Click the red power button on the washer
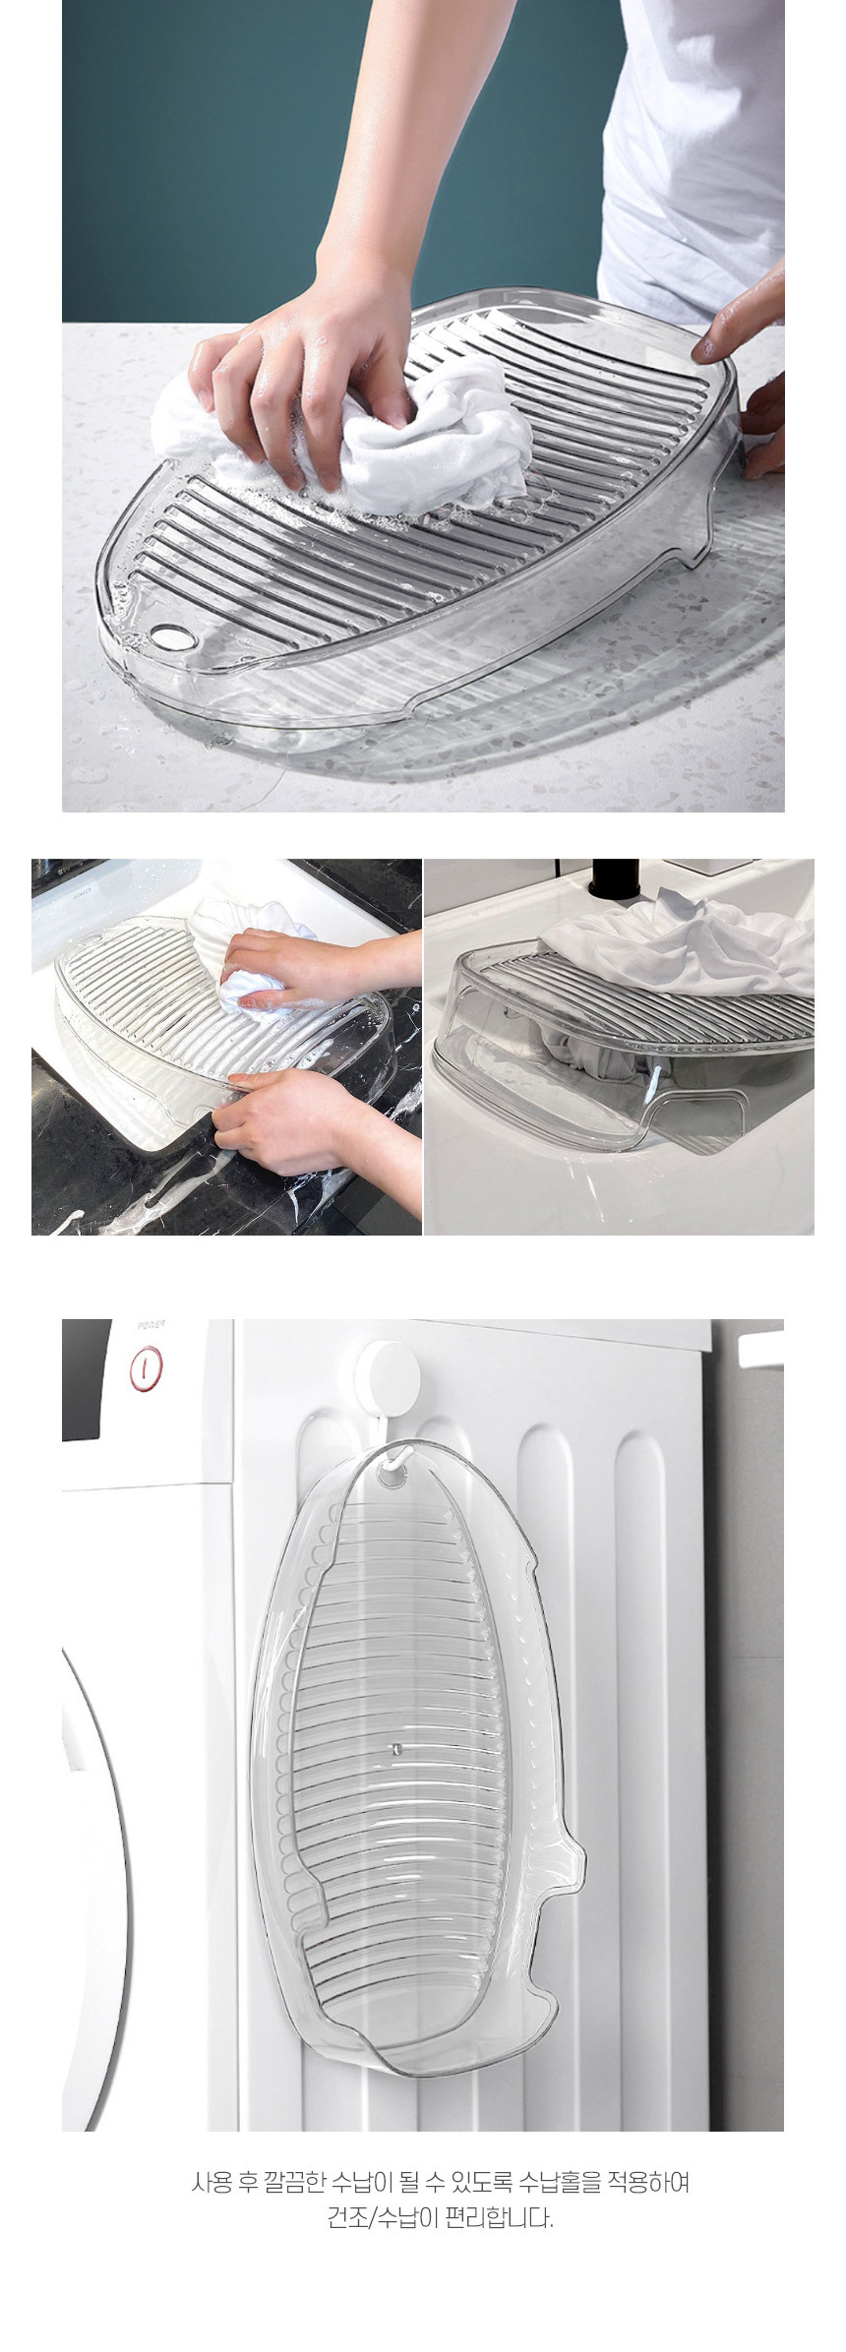click(147, 1367)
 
